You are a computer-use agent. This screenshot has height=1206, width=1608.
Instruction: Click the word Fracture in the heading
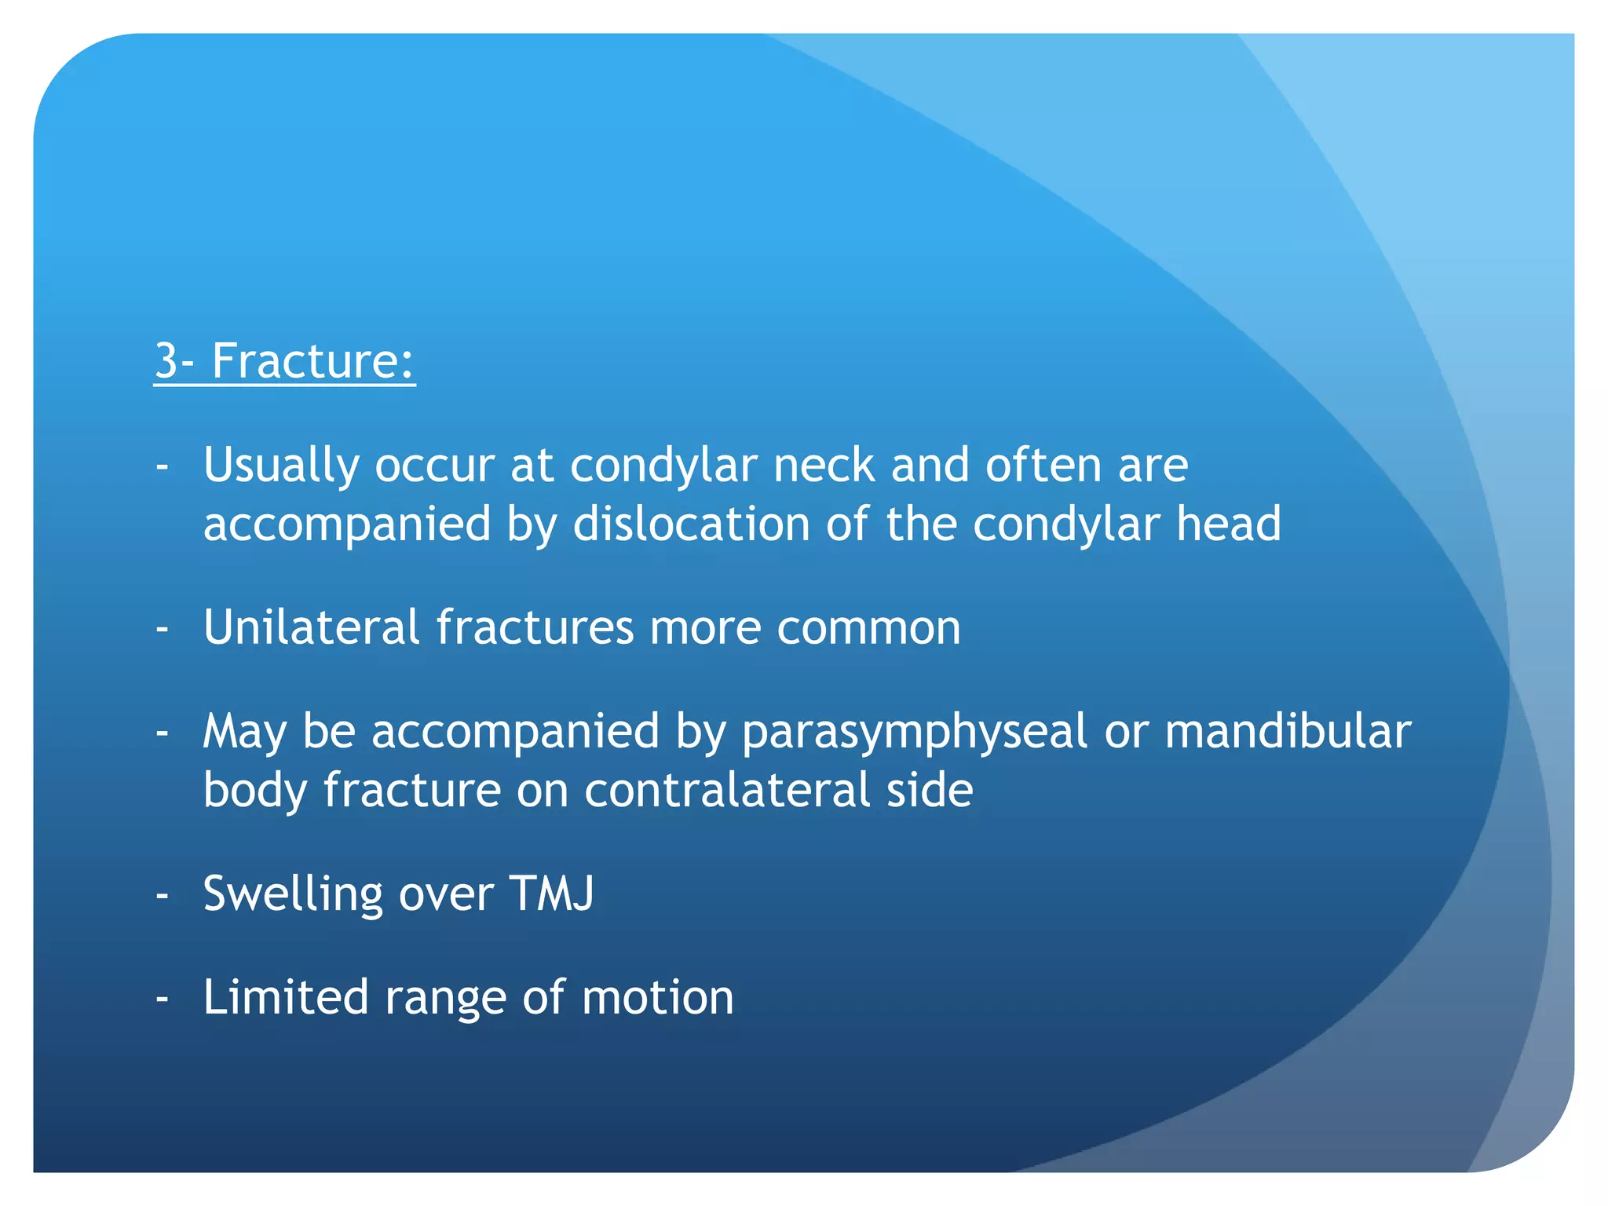coord(312,361)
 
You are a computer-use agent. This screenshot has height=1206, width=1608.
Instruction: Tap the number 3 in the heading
coord(166,361)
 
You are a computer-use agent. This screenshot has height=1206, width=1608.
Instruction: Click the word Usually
coord(281,466)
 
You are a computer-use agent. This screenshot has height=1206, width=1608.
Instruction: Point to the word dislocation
coord(691,524)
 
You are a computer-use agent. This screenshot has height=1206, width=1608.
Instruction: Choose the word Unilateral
coord(311,627)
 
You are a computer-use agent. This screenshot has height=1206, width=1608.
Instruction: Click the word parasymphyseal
coord(915,733)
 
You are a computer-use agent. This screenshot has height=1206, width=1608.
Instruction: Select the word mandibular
coord(1288,731)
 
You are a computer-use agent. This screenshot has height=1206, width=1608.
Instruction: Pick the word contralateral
coord(727,790)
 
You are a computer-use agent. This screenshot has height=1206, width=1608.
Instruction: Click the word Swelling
coord(293,894)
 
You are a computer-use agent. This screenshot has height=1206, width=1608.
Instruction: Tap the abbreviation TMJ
coord(551,894)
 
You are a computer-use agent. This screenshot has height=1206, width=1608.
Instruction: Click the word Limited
coord(286,997)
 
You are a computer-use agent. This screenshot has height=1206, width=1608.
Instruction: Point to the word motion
coord(657,998)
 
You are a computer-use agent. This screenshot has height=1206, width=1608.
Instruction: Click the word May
coord(244,733)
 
